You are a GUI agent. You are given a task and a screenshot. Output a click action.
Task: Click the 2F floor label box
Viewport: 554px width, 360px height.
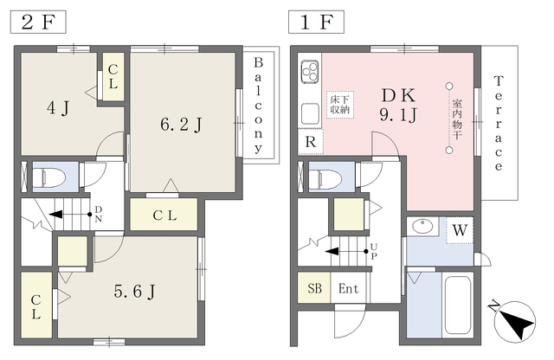(x=38, y=22)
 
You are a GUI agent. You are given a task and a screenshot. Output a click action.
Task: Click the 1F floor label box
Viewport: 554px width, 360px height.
(x=316, y=22)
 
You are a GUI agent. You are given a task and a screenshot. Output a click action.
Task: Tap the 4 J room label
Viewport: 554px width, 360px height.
(x=58, y=108)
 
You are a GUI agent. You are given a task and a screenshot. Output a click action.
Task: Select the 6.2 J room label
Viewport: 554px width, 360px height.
(x=181, y=125)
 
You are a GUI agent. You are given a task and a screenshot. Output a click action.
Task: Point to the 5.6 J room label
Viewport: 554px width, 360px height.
(x=135, y=292)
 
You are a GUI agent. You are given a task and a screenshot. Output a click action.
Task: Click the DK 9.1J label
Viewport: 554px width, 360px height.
(x=398, y=105)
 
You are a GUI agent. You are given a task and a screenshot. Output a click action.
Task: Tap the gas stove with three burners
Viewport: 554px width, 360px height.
(x=310, y=72)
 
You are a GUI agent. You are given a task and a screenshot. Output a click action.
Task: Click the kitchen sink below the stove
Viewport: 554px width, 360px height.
(x=310, y=113)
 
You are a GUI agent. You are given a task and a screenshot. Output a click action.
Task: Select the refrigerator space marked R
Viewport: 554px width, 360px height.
(x=310, y=142)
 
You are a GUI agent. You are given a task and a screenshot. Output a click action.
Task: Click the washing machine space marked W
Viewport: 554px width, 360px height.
(x=460, y=230)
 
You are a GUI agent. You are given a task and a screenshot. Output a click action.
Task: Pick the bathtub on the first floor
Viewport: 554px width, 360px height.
(x=458, y=305)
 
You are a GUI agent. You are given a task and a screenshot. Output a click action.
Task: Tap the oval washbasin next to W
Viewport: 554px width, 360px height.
(x=422, y=226)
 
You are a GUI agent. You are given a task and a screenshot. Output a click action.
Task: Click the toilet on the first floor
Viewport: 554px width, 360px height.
(x=325, y=177)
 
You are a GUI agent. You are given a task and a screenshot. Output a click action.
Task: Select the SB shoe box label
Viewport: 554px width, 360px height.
(x=314, y=288)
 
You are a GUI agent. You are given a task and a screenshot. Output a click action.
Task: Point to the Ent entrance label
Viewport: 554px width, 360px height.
(x=348, y=289)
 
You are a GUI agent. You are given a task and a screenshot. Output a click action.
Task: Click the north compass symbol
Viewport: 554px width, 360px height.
(x=514, y=321)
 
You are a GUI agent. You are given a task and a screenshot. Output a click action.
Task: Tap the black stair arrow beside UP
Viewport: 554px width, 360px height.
(x=346, y=252)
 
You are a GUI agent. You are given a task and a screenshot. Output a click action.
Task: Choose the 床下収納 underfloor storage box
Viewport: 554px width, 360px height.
(x=340, y=104)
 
